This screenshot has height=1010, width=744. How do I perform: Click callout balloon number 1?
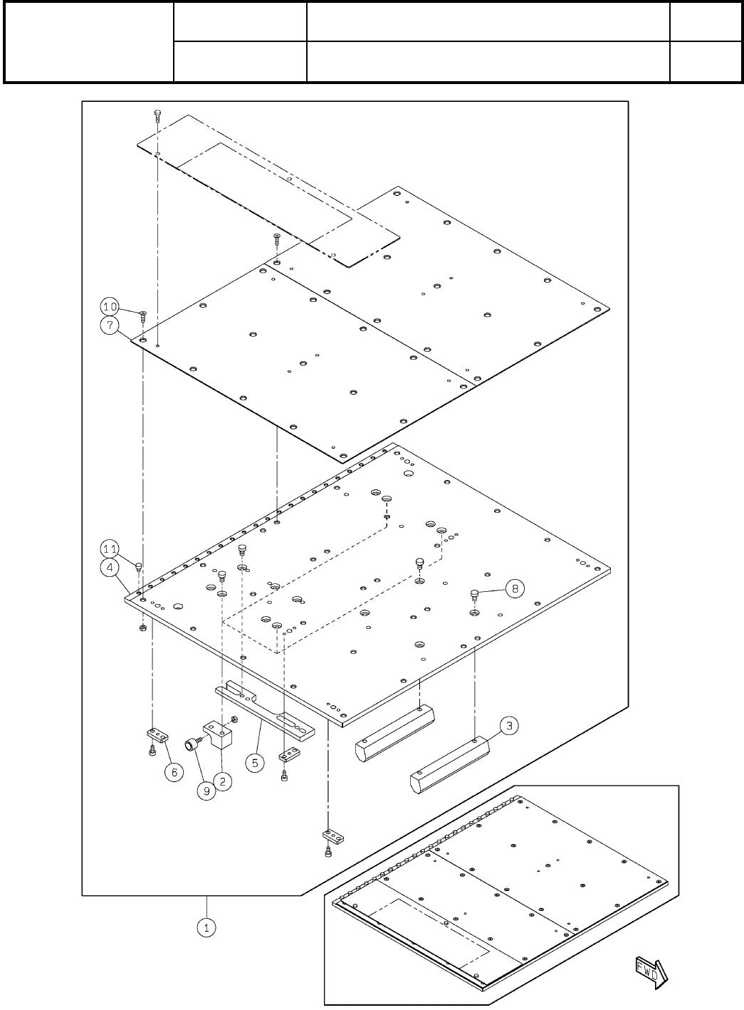click(x=206, y=928)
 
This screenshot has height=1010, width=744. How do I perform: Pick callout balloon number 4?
click(x=109, y=568)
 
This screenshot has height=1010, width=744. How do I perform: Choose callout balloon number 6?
click(x=174, y=771)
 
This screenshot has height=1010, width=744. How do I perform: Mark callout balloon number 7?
click(x=109, y=326)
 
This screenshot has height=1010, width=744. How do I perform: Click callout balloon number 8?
click(x=515, y=588)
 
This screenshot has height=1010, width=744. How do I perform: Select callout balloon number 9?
click(x=206, y=791)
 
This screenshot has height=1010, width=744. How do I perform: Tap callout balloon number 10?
click(x=109, y=307)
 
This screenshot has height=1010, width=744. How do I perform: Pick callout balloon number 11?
click(x=109, y=549)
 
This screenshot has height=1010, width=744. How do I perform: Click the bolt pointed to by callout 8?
click(x=474, y=593)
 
